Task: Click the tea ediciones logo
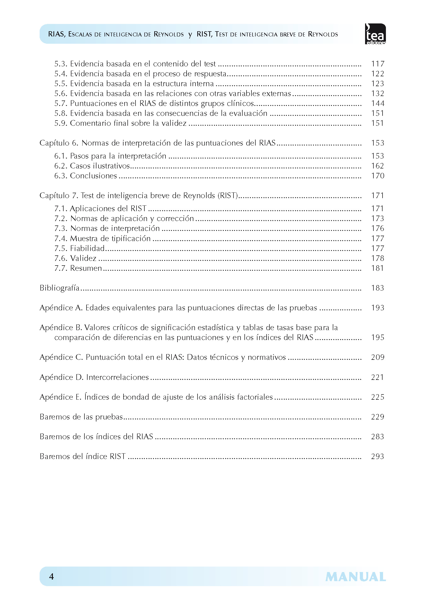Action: tap(375, 34)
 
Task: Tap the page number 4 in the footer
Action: tap(52, 577)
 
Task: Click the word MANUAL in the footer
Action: tap(355, 577)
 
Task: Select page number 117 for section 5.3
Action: tap(377, 64)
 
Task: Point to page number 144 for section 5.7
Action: tap(377, 103)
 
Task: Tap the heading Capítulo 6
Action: tap(59, 143)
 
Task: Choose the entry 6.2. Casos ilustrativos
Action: tap(92, 166)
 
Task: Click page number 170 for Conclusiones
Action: tap(377, 176)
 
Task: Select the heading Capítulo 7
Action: tap(59, 196)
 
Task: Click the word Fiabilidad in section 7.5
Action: tap(87, 249)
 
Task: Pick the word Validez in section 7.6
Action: tap(83, 258)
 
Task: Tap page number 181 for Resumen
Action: tap(377, 268)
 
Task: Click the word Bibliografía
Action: tap(59, 288)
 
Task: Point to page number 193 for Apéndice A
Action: tap(377, 308)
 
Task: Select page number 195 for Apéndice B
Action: tap(377, 338)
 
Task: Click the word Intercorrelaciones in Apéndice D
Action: tap(117, 378)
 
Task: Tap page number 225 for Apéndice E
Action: tap(377, 397)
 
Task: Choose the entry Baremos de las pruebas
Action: tap(81, 417)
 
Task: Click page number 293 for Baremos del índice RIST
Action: tap(377, 456)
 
